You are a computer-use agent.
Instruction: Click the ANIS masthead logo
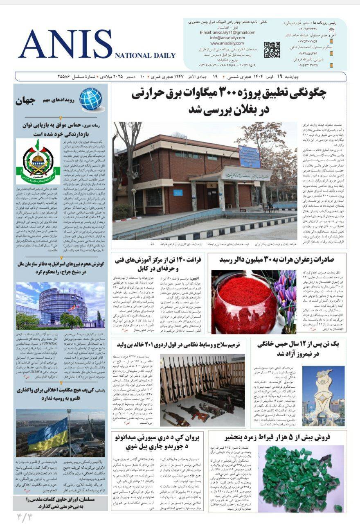coord(65,44)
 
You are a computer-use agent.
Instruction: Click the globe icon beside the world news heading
coord(90,99)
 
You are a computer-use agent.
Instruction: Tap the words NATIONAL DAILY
coord(145,56)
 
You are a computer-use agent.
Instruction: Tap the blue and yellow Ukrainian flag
coord(48,434)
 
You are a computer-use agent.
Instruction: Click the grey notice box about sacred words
coord(60,503)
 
